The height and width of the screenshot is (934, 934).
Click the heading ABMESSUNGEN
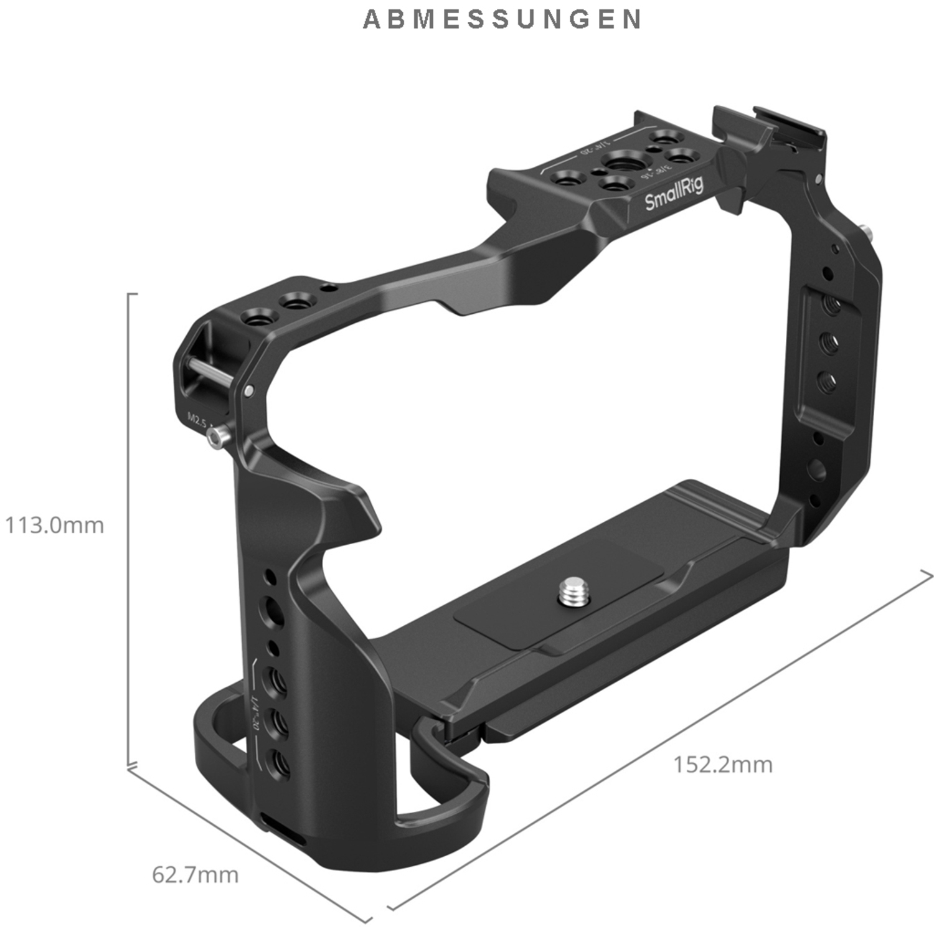point(502,19)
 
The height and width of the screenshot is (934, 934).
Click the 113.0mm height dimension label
point(55,526)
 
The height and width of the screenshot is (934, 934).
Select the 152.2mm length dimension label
point(722,764)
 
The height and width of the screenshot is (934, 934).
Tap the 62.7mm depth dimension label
point(195,875)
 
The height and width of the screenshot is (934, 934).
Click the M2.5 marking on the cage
point(197,421)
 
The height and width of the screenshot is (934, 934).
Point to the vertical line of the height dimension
point(129,529)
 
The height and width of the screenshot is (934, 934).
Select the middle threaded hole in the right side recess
point(829,342)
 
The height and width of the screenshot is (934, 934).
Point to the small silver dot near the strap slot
point(249,391)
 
